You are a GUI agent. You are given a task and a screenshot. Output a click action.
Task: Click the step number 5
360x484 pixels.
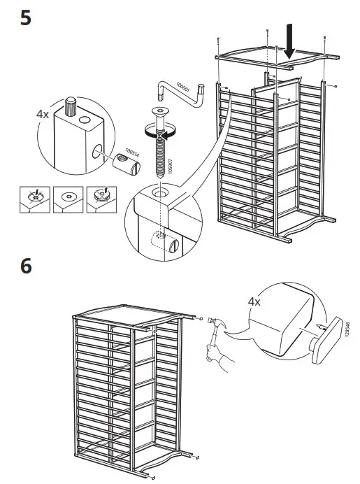pos(26,18)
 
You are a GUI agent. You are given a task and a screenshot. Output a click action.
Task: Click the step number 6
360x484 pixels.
pos(26,266)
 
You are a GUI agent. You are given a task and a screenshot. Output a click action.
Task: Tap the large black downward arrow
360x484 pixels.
pos(289,41)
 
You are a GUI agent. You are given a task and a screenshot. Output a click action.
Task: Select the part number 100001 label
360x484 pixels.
pos(182,87)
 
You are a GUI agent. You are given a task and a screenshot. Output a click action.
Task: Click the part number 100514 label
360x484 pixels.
pos(132,152)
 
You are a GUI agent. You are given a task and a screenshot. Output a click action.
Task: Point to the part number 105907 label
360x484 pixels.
pos(171,166)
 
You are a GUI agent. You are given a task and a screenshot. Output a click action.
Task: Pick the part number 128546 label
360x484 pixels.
pos(347,329)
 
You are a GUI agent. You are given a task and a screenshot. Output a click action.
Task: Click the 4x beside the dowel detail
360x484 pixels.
pos(43,115)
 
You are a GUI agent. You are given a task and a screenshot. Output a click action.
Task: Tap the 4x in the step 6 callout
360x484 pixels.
pos(254,301)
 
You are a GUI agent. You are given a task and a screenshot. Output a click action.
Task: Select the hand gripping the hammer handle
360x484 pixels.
pos(212,352)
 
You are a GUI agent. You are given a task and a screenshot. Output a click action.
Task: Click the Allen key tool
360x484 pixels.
pos(180,93)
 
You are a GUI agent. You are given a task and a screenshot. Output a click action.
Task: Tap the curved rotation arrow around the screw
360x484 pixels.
pos(160,131)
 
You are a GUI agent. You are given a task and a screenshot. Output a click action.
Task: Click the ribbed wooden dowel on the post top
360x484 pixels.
pos(71,106)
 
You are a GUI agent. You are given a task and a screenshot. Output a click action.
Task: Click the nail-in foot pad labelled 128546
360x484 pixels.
pos(326,340)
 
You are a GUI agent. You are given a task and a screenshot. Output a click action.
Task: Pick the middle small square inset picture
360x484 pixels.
pos(69,200)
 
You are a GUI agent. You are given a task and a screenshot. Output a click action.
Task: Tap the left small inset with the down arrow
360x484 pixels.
pos(35,200)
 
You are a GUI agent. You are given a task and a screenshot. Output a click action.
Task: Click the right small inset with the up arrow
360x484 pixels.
pos(101,200)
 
